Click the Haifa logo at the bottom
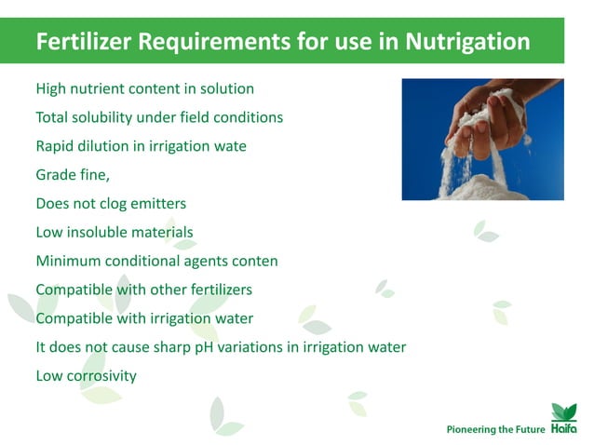[564, 419]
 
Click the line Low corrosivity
[86, 376]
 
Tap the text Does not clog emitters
[111, 203]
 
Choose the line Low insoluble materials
[114, 232]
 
